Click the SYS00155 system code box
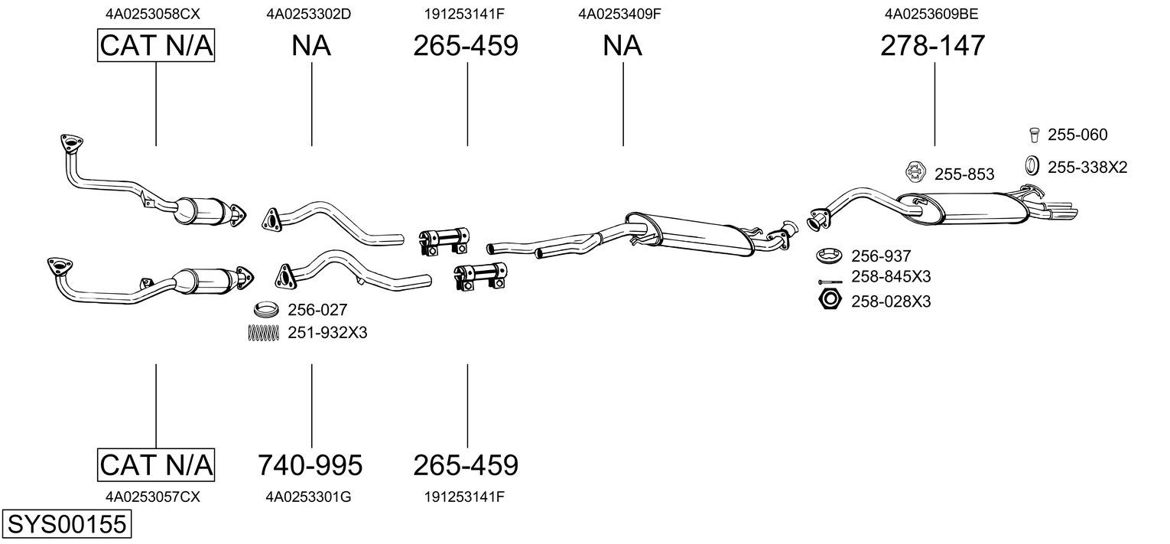(x=67, y=523)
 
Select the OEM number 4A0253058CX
(x=152, y=14)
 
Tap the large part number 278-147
(x=932, y=45)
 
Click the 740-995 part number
(x=310, y=464)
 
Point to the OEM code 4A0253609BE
(x=931, y=14)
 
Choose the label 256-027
(x=317, y=310)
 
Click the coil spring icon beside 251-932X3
(x=263, y=333)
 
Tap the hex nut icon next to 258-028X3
(x=830, y=300)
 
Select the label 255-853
(x=964, y=174)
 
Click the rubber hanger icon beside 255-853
(x=915, y=172)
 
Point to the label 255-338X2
(x=1087, y=168)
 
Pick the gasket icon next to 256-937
(x=830, y=256)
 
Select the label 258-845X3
(x=891, y=276)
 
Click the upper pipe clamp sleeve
(x=444, y=241)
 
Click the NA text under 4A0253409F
(x=622, y=45)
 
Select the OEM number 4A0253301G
(x=308, y=497)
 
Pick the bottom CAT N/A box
(x=156, y=464)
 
